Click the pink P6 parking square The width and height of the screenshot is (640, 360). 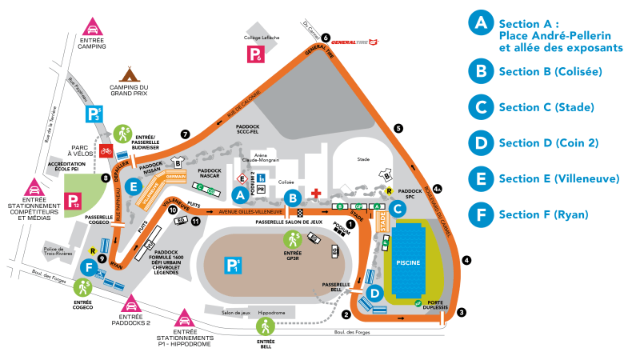254,54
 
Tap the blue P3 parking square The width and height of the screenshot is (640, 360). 94,113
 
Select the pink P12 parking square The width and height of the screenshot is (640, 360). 74,202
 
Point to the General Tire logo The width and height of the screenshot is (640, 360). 353,42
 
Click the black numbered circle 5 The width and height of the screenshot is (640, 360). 398,128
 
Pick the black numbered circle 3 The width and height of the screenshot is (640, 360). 462,311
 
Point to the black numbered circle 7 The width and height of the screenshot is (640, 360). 186,134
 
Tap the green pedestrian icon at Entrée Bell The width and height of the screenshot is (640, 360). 265,326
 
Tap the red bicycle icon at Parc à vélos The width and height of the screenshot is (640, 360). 105,150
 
